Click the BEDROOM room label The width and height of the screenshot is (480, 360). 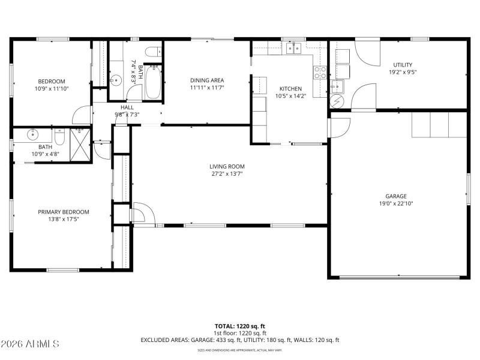point(52,82)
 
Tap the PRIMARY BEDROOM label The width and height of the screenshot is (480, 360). point(64,212)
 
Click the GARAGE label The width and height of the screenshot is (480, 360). point(396,196)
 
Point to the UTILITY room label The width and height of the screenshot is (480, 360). point(403,65)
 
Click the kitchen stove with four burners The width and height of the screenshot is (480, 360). point(320,73)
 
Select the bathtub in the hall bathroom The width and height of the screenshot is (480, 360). point(152,82)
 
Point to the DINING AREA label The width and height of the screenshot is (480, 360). point(207,80)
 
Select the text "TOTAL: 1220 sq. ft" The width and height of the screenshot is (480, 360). point(240,326)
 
